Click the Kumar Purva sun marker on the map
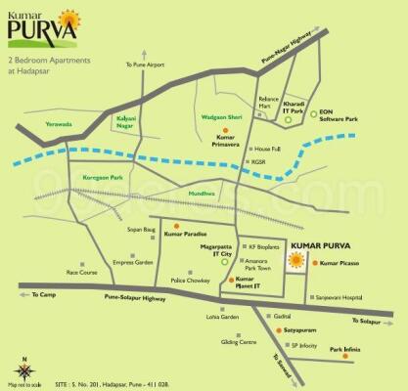(x=295, y=261)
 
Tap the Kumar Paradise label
(x=186, y=235)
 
